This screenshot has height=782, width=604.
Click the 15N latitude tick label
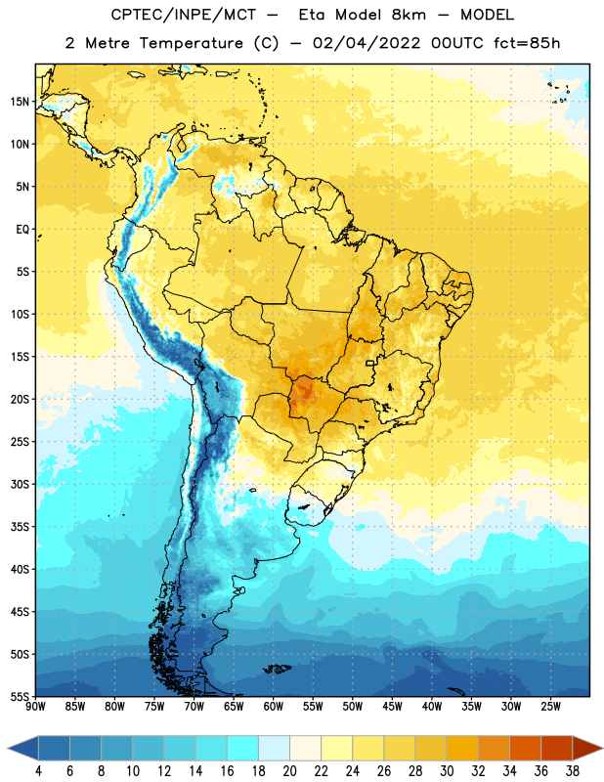(20, 102)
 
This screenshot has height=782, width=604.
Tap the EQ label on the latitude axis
(22, 230)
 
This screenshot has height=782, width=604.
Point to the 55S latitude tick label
(20, 696)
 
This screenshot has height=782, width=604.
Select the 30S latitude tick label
(20, 484)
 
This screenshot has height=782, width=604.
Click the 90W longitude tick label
(35, 706)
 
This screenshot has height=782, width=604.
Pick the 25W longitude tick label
(550, 706)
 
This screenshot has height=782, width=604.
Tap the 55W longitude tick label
(313, 706)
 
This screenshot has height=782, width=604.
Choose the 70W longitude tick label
(194, 706)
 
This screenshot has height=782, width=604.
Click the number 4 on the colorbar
(38, 771)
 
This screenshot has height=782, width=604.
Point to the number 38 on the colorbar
(573, 771)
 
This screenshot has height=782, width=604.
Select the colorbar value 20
(289, 771)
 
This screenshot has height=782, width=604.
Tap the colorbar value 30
(447, 771)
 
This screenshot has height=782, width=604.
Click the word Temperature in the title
(191, 43)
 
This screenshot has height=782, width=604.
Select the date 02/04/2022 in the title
(367, 43)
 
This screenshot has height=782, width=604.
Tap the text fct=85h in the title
(527, 43)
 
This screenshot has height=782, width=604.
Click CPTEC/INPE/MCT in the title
(184, 15)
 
